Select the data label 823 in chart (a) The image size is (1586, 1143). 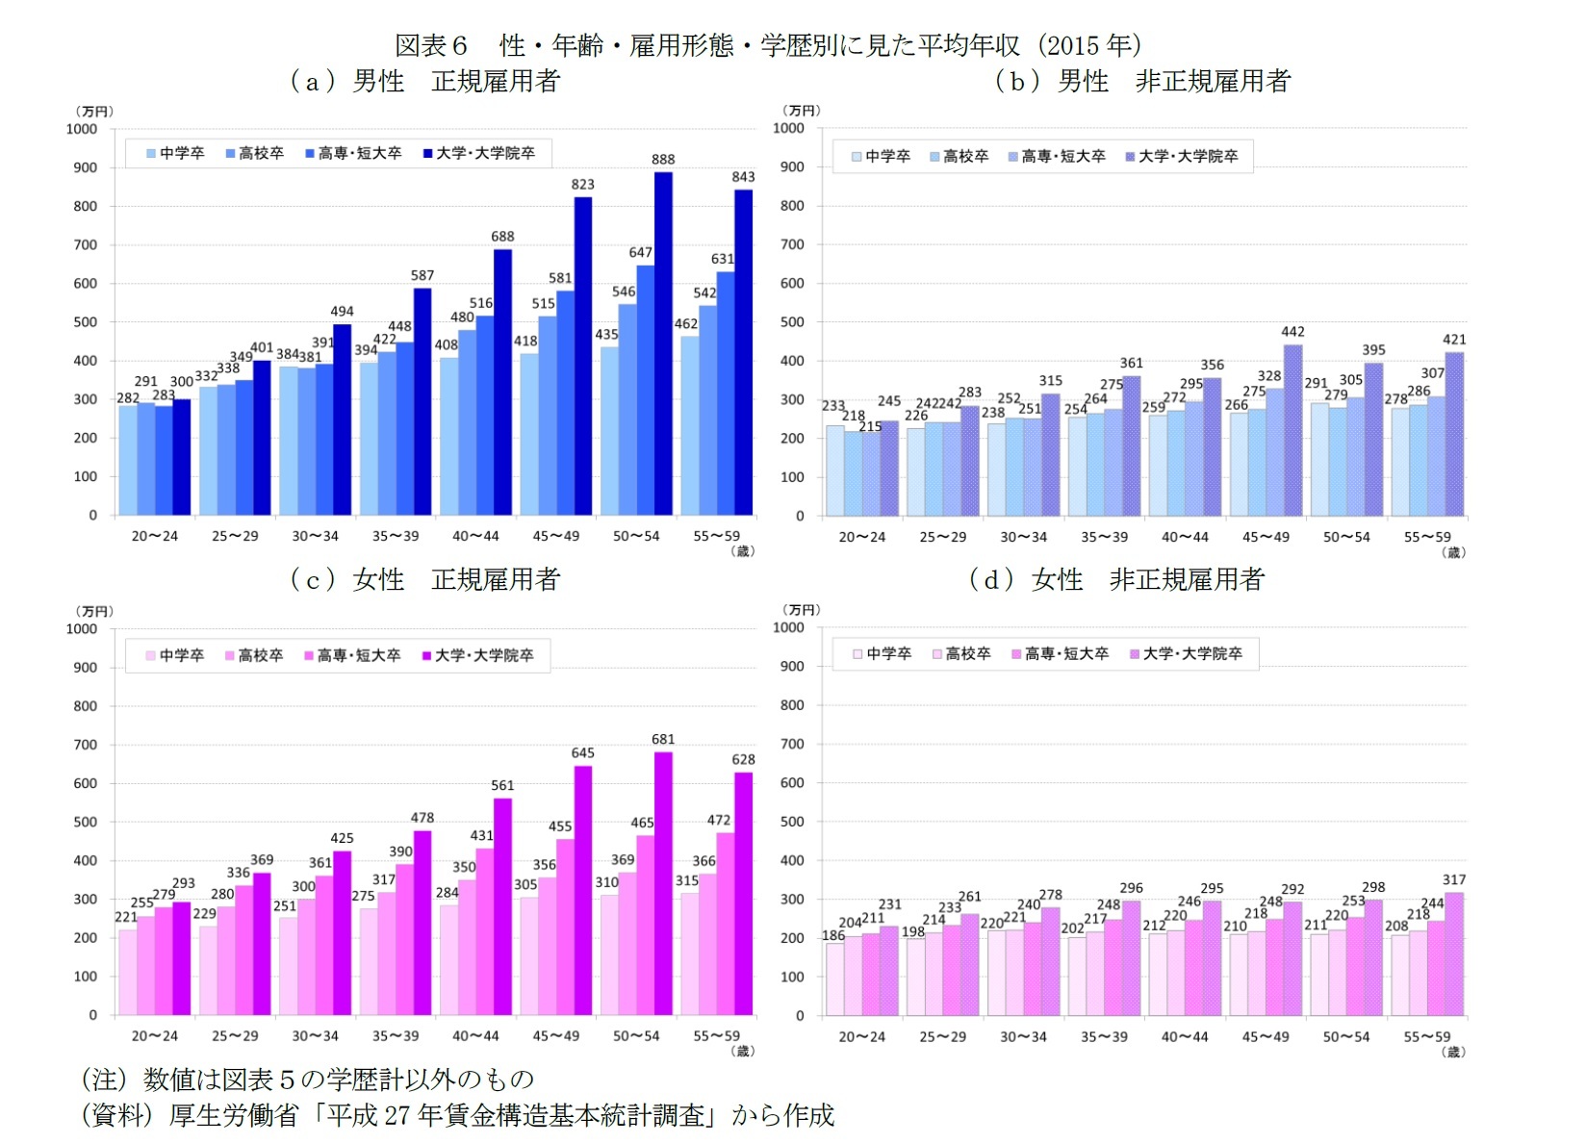pyautogui.click(x=582, y=185)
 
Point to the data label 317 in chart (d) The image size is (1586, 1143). pyautogui.click(x=1454, y=880)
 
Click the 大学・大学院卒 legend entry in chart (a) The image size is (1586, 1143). pyautogui.click(x=478, y=153)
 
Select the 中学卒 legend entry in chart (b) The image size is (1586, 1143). pyautogui.click(x=881, y=156)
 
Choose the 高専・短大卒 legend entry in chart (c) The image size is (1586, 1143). pyautogui.click(x=351, y=655)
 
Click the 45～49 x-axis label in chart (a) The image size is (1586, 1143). pyautogui.click(x=556, y=536)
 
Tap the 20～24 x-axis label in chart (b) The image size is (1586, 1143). pyautogui.click(x=862, y=537)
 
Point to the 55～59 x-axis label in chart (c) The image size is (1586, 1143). pyautogui.click(x=717, y=1036)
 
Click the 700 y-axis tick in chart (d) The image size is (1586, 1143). pyautogui.click(x=792, y=744)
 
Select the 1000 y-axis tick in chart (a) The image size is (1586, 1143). pyautogui.click(x=82, y=129)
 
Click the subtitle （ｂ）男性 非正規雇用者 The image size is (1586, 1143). pyautogui.click(x=1142, y=82)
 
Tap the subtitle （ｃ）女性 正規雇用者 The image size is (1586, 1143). pyautogui.click(x=424, y=579)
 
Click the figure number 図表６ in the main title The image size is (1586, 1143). pyautogui.click(x=432, y=45)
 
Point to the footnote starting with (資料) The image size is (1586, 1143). pyautogui.click(x=458, y=1115)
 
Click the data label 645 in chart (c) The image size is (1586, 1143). pyautogui.click(x=582, y=753)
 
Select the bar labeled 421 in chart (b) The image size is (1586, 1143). pyautogui.click(x=1454, y=434)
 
